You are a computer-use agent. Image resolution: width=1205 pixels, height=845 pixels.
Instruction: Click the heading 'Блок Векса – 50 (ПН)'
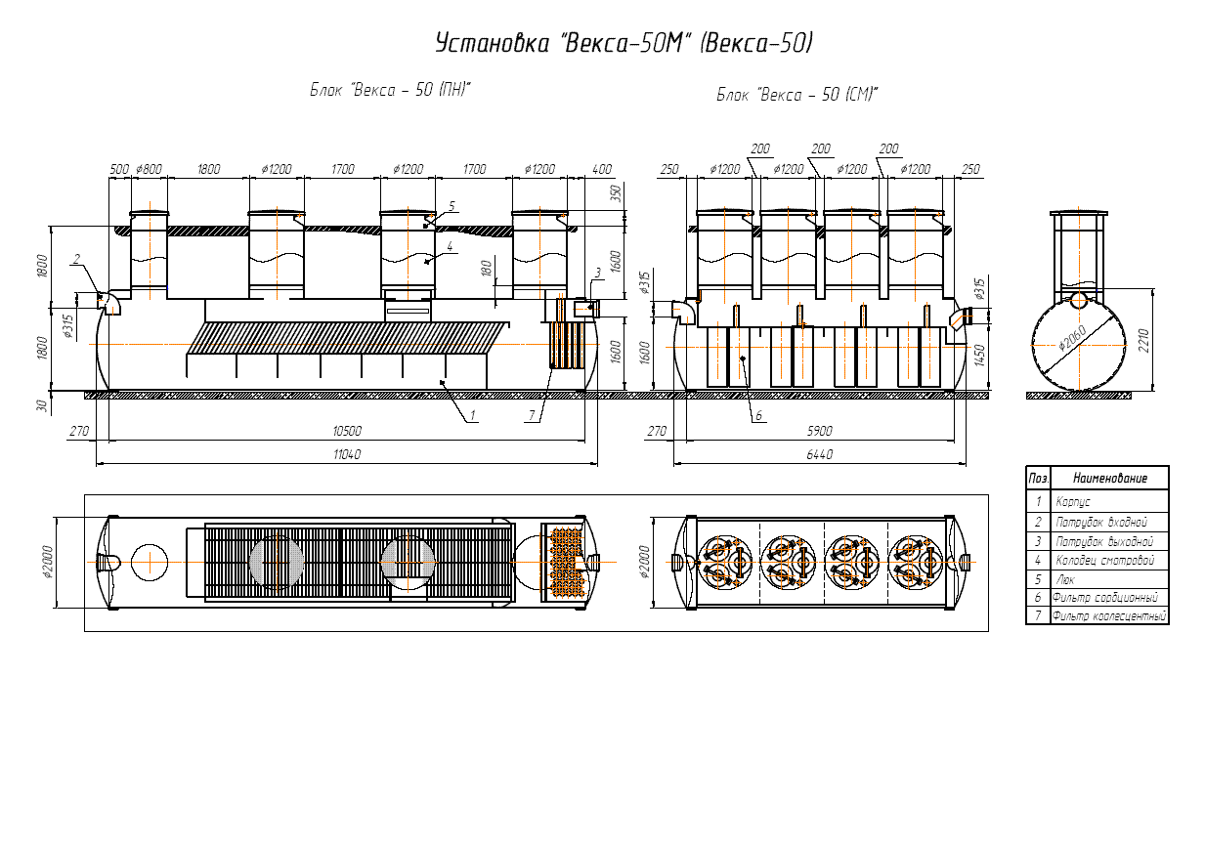(390, 89)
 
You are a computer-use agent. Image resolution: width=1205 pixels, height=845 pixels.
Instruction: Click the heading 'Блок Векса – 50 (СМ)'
(796, 95)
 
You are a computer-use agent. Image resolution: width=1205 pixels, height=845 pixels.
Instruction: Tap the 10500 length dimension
(347, 431)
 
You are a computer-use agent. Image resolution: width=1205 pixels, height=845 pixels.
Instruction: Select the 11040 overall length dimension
(347, 454)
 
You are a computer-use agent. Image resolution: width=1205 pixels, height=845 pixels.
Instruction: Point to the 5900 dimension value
(819, 431)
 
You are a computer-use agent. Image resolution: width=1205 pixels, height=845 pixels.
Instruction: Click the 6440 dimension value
(819, 454)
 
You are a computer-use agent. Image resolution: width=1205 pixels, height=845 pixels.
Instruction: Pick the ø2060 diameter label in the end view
(1072, 338)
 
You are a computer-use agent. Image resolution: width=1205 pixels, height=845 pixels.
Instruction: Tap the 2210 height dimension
(1143, 341)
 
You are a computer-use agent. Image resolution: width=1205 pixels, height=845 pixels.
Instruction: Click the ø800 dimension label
(149, 169)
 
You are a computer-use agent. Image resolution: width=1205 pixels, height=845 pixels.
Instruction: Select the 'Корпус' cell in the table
(1073, 502)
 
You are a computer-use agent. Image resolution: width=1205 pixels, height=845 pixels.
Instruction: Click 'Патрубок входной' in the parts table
(1101, 522)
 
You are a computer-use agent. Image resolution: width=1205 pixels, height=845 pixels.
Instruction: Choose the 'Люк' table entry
(1065, 579)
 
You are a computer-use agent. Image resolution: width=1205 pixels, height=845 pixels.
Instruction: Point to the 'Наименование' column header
(1110, 478)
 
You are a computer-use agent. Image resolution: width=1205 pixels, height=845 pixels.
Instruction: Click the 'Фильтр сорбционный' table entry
(1105, 597)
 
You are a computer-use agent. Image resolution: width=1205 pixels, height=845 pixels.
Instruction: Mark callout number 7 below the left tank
(532, 415)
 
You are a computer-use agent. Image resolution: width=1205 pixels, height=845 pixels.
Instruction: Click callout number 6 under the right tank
(758, 415)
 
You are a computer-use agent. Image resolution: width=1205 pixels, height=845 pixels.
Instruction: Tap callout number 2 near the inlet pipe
(76, 259)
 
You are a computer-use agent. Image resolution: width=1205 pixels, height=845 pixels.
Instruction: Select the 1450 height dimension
(979, 356)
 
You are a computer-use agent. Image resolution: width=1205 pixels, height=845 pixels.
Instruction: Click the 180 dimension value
(486, 269)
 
